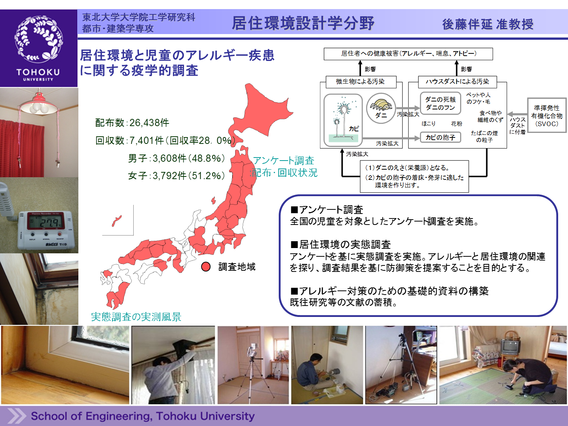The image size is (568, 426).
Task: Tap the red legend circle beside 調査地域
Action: [206, 267]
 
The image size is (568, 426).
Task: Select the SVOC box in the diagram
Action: [547, 115]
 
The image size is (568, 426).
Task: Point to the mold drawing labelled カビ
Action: [343, 120]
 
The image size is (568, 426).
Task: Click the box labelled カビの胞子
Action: [440, 137]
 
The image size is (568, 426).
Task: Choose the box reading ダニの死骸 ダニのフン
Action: [440, 103]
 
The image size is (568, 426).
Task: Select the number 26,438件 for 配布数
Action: [149, 123]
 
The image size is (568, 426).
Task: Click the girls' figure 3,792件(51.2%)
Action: [189, 176]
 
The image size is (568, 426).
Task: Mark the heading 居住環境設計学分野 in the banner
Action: [303, 23]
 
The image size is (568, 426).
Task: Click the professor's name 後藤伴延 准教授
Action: [487, 24]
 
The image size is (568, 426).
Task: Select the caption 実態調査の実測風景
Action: [136, 317]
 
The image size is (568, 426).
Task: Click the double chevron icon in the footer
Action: [17, 416]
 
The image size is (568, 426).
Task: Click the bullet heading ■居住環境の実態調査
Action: [340, 244]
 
